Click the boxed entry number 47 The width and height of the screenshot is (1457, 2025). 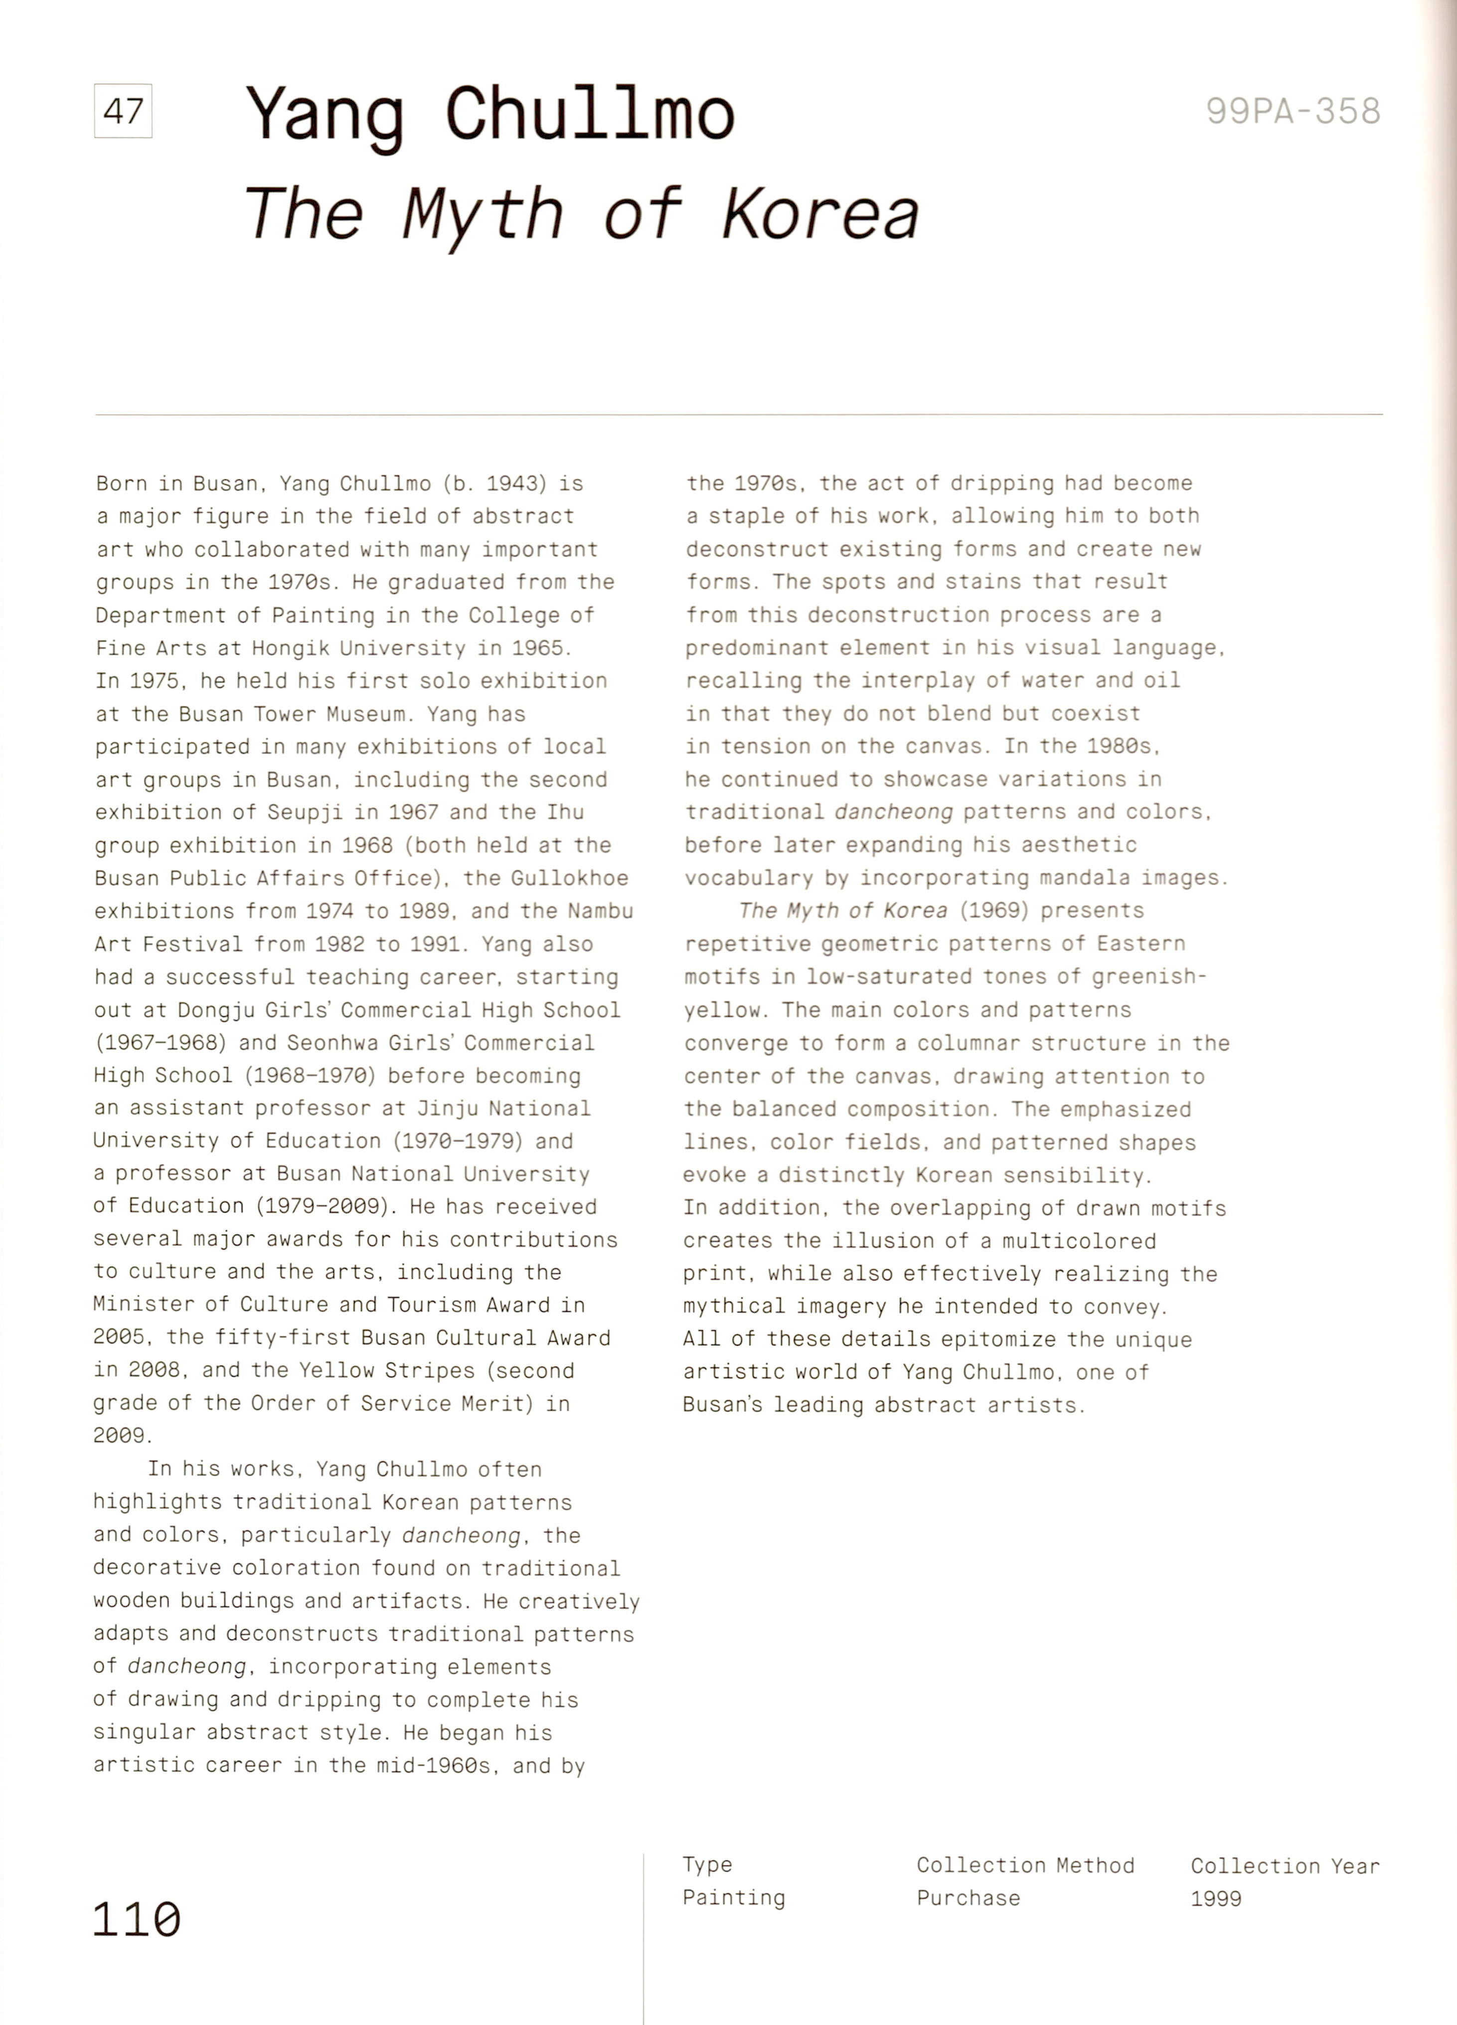(x=123, y=112)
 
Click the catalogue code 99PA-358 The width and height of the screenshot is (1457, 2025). (x=1293, y=112)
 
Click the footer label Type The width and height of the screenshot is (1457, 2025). (x=707, y=1865)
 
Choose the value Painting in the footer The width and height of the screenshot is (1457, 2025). (x=734, y=1897)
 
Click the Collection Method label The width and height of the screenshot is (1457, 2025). (x=1025, y=1865)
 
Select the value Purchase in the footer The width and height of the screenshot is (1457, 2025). (x=968, y=1897)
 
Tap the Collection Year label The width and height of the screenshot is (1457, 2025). (x=1285, y=1865)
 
